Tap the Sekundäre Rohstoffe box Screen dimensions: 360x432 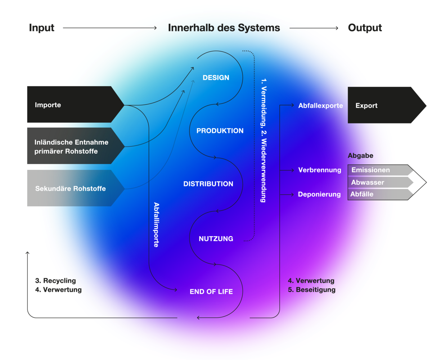click(x=71, y=189)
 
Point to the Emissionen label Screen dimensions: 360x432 click(x=371, y=170)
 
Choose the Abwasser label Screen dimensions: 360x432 click(x=368, y=182)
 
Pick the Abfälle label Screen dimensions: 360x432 click(x=362, y=194)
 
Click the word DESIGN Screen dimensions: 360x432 click(x=216, y=78)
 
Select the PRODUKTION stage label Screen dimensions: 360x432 click(x=220, y=131)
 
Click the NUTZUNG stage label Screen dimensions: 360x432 click(x=216, y=239)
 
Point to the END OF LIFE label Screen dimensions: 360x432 click(x=211, y=292)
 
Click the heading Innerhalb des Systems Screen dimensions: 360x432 click(x=224, y=28)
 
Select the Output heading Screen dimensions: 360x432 click(x=365, y=28)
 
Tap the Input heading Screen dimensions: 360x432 click(x=42, y=28)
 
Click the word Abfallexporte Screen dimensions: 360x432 click(x=320, y=106)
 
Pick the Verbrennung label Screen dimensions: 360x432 click(x=320, y=170)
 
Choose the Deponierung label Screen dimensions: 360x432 click(x=319, y=194)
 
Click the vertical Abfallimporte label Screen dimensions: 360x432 click(x=157, y=224)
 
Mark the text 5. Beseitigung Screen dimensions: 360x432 click(x=312, y=289)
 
